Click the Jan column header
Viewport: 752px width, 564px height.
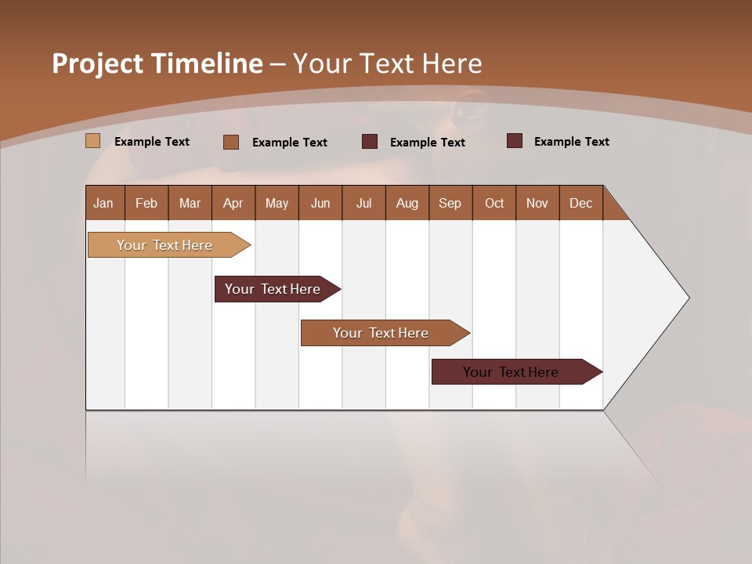(x=104, y=203)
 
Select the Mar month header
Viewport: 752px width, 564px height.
(x=190, y=203)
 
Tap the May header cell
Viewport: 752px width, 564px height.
(x=277, y=203)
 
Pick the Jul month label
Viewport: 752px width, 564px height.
(x=363, y=203)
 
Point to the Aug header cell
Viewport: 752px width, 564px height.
(x=407, y=203)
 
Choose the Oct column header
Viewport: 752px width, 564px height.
(x=493, y=203)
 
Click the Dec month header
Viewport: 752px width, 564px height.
(x=580, y=203)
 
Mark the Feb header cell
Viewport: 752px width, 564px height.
(x=146, y=203)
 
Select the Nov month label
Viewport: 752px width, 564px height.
(x=537, y=203)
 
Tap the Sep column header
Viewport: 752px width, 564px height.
(x=450, y=203)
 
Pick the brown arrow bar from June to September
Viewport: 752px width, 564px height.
(x=381, y=333)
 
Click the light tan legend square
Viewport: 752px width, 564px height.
(x=92, y=141)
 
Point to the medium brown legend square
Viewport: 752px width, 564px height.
(x=230, y=142)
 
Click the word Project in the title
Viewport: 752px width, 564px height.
(x=98, y=63)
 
